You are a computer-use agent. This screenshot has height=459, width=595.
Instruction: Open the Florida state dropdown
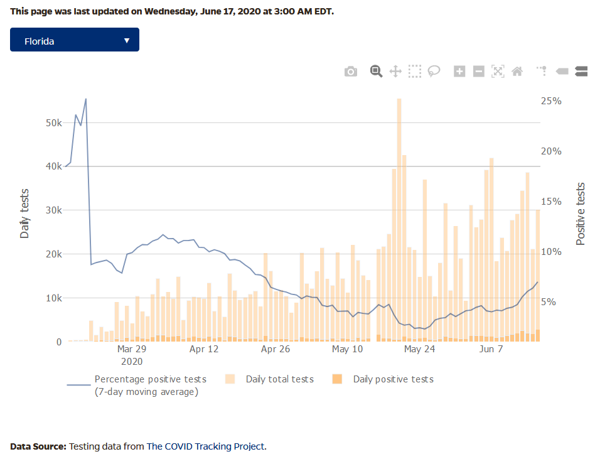coord(75,41)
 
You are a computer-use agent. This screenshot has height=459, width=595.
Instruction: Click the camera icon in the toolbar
coord(351,72)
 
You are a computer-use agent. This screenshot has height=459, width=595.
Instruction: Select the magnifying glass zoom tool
coord(376,71)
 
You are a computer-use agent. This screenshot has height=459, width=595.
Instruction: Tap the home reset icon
coord(517,72)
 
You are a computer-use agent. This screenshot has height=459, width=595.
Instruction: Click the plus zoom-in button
coord(459,72)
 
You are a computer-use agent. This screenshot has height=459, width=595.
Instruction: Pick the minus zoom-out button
coord(478,72)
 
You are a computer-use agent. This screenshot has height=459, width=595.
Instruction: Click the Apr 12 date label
coord(204,349)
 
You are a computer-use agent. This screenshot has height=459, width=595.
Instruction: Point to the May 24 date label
coord(419,349)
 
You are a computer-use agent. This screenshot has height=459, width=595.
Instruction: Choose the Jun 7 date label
coord(491,349)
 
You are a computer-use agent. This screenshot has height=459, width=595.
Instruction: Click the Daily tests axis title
coord(25,214)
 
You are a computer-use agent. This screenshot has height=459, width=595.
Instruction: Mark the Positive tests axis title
coord(580,214)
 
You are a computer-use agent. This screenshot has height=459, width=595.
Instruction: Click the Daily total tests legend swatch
coord(230,379)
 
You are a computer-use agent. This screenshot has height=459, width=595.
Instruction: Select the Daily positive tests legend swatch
coord(337,379)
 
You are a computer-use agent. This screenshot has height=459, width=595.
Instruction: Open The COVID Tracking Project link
coord(206,446)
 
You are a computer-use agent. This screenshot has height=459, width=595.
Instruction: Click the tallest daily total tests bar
coord(399,220)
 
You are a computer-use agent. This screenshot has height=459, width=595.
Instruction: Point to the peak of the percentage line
coord(86,99)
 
